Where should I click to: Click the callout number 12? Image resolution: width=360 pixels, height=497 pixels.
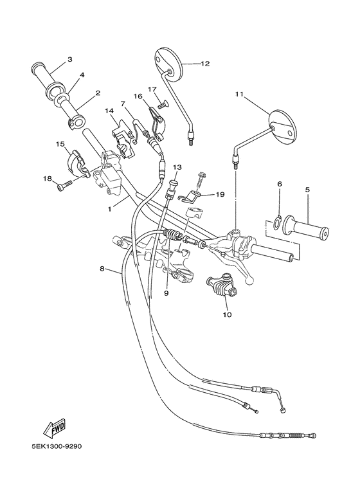205,64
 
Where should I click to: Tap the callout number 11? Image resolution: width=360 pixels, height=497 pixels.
239,95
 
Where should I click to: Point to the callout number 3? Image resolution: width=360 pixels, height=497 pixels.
69,61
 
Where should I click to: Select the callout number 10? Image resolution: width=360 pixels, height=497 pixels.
226,315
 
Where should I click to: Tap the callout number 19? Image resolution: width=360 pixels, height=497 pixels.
220,194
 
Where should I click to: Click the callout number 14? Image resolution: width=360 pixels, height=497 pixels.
110,111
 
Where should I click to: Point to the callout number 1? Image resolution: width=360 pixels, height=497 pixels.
110,209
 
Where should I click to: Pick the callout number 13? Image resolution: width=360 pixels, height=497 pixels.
177,167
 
